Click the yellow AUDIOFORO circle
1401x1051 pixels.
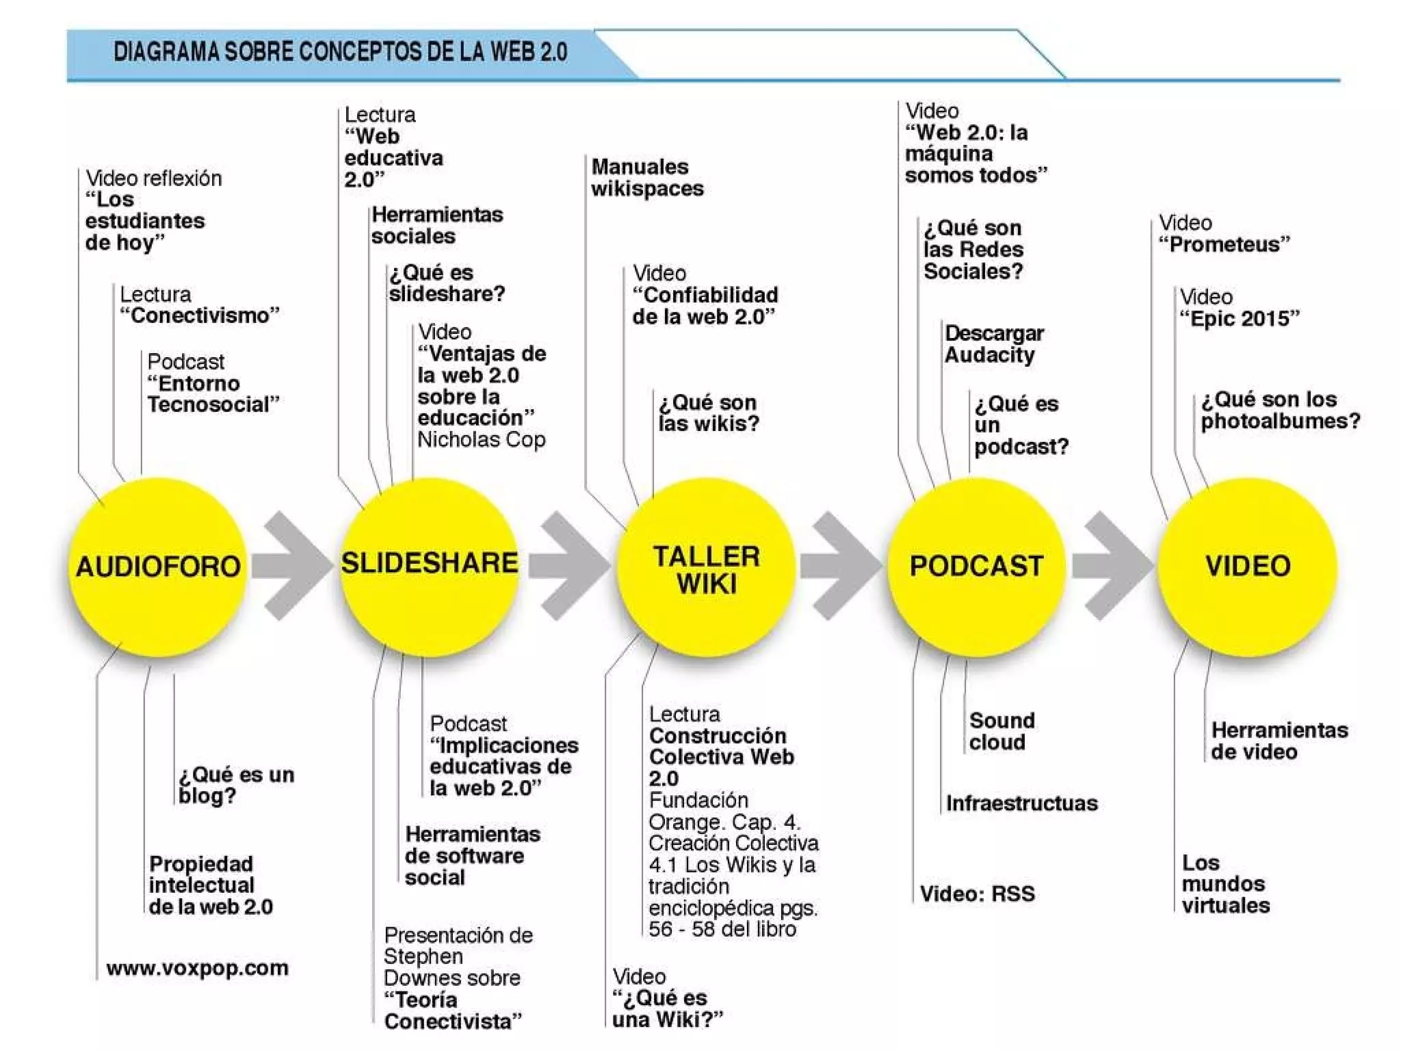point(157,567)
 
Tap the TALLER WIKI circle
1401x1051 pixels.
point(706,568)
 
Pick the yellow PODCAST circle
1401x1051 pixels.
point(976,567)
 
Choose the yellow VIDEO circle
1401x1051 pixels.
point(1248,567)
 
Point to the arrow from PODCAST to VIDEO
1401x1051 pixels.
point(1112,566)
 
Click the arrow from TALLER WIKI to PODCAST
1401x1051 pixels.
point(841,566)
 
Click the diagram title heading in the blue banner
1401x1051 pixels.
point(340,52)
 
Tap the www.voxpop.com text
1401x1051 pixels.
point(198,968)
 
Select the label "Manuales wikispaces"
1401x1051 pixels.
point(647,177)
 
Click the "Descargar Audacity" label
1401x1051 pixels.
point(994,344)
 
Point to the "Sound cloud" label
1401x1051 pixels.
point(1001,731)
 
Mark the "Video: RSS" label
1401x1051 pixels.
point(977,893)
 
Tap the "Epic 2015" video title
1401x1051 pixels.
point(1240,318)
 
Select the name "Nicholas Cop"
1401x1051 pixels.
point(482,439)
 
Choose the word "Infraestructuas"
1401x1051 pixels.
point(1021,803)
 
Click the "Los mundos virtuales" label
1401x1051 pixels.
point(1225,883)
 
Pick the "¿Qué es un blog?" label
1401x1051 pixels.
point(236,785)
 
